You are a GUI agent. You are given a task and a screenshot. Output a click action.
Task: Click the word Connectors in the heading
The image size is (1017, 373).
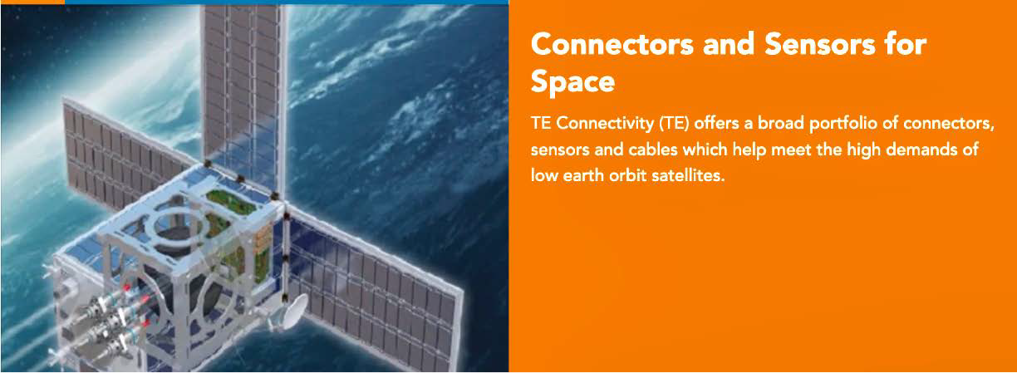pos(612,45)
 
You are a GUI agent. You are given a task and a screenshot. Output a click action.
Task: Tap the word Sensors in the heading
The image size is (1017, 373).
pos(820,45)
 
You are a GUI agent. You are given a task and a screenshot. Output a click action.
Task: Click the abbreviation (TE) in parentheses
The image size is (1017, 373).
pos(674,124)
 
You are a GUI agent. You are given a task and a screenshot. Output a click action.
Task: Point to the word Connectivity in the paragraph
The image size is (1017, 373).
pos(605,124)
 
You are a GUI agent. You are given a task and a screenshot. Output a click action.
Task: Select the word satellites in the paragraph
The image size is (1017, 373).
pos(688,175)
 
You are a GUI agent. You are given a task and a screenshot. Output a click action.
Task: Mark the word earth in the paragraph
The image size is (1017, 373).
pos(583,175)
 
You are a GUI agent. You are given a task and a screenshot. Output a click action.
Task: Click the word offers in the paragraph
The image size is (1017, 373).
pos(716,124)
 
